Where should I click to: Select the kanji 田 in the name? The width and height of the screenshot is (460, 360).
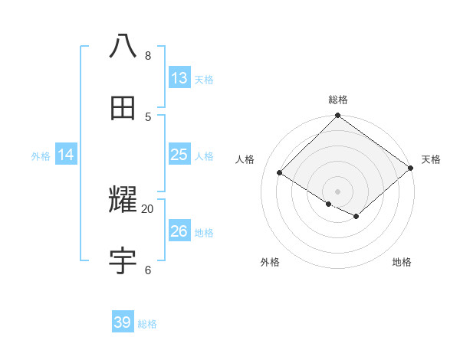123,108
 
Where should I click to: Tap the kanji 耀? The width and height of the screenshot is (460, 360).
123,201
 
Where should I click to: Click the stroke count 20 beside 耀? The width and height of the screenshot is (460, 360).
147,208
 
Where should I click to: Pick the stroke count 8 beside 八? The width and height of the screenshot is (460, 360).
147,56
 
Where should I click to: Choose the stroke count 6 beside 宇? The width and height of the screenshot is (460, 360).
147,270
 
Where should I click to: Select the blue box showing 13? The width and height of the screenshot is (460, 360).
179,78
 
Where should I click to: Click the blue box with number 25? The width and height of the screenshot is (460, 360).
179,155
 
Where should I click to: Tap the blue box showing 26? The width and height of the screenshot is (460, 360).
179,231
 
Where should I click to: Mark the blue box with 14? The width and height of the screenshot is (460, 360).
66,155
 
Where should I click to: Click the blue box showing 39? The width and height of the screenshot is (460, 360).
123,322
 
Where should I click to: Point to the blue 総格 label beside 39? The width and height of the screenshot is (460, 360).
147,324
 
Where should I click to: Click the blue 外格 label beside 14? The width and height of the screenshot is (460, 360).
41,156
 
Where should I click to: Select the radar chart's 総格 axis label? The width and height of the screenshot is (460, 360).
338,100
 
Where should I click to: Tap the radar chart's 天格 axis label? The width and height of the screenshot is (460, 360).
431,159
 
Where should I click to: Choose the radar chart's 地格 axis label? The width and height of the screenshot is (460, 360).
402,262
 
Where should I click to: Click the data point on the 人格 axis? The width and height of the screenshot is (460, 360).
280,173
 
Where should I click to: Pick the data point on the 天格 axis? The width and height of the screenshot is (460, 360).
412,169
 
